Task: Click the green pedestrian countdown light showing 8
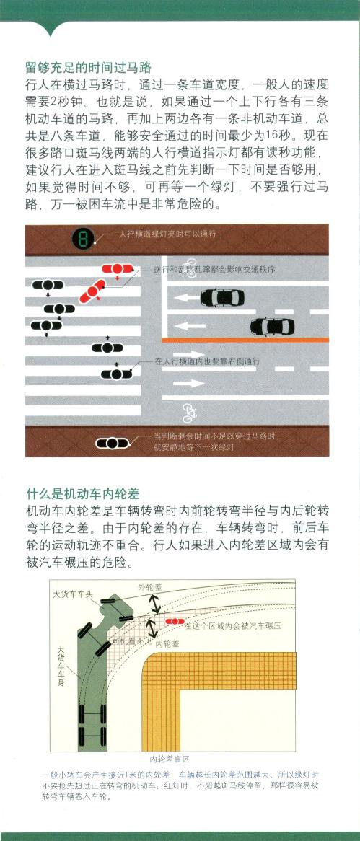coord(83,238)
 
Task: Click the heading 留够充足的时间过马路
coord(89,68)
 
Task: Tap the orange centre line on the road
coord(245,340)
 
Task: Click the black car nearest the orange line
coord(273,326)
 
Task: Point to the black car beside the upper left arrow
coord(223,298)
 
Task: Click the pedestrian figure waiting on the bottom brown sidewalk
coord(112,443)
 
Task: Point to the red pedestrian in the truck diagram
coord(175,622)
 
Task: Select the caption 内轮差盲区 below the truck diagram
coord(170,759)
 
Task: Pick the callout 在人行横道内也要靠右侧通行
coord(207,362)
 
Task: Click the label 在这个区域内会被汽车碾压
coord(233,625)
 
